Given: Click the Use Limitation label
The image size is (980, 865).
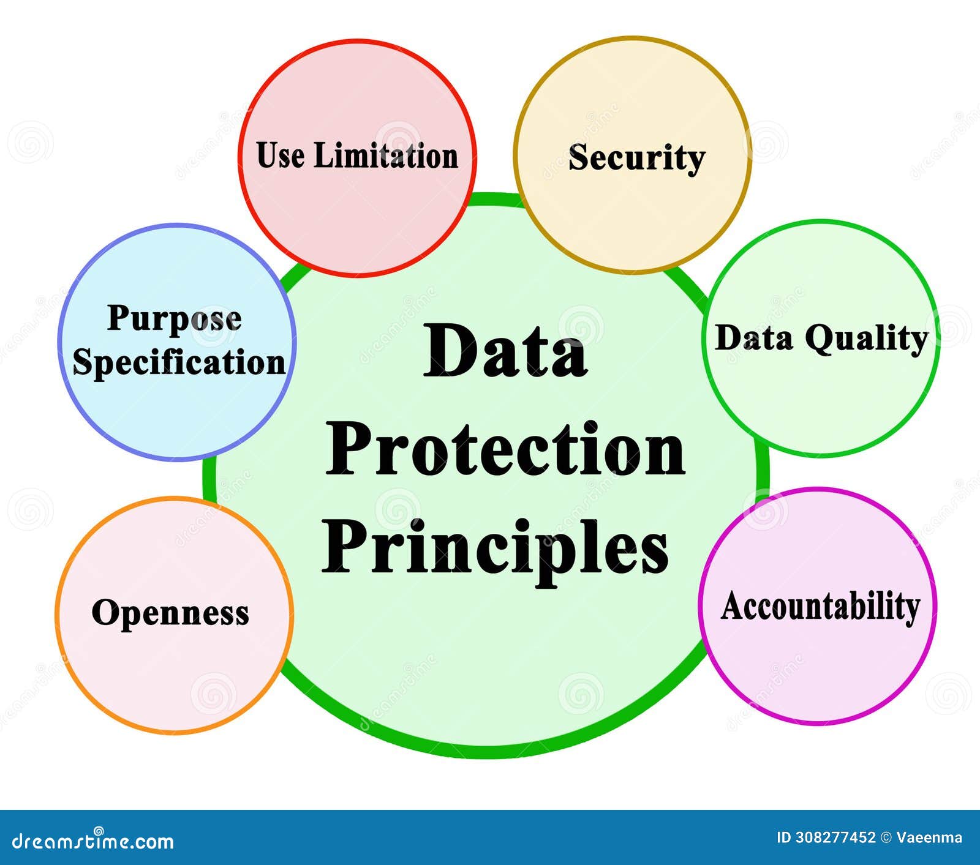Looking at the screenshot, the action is coord(357,155).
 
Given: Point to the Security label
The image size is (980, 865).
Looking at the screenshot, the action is coord(637,158).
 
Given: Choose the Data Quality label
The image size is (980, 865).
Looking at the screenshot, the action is coord(821,339).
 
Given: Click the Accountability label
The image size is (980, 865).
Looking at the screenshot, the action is coord(821,607).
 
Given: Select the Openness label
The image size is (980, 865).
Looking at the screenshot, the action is coord(170,613).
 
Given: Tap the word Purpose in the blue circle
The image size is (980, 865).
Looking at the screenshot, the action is coord(175,319).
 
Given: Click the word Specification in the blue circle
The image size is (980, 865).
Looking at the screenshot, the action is coord(179,362).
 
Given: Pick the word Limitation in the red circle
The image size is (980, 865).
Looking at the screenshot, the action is coord(386,155).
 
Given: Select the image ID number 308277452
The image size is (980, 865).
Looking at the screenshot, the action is coord(835,837).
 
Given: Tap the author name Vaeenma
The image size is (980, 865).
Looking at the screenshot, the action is coord(929,837).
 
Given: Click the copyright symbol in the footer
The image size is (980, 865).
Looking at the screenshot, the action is coord(886,837).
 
